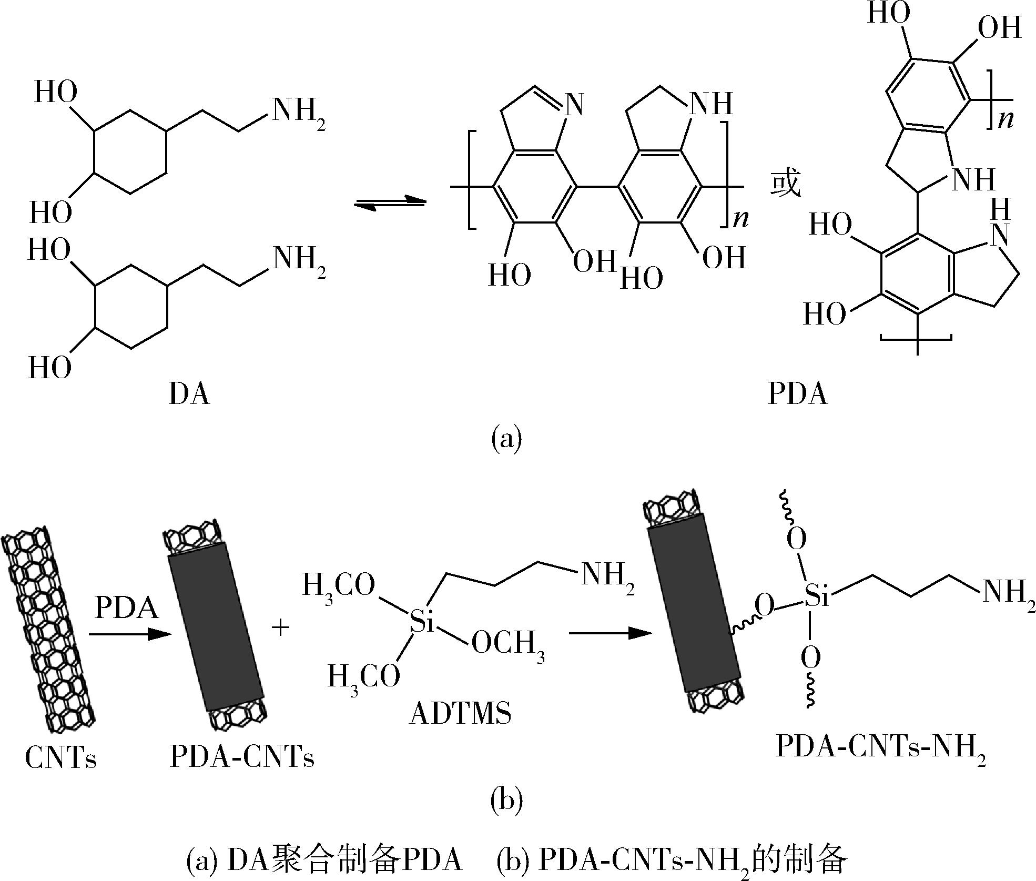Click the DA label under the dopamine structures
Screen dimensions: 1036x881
(x=189, y=394)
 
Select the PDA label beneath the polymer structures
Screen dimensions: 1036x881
(x=797, y=394)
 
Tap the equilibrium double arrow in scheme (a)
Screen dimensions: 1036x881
(x=389, y=204)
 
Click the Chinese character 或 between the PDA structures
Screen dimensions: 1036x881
(x=785, y=185)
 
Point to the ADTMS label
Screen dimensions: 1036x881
(x=460, y=714)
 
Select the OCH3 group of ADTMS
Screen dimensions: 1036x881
(x=507, y=645)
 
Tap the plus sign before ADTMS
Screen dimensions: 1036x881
(x=281, y=627)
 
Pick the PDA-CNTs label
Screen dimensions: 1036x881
(x=242, y=758)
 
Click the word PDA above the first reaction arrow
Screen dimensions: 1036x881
(x=127, y=608)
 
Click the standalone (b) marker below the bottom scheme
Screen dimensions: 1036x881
(x=506, y=802)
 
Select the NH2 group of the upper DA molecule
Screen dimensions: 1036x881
(x=298, y=112)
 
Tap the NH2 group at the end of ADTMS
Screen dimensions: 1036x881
(x=606, y=578)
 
